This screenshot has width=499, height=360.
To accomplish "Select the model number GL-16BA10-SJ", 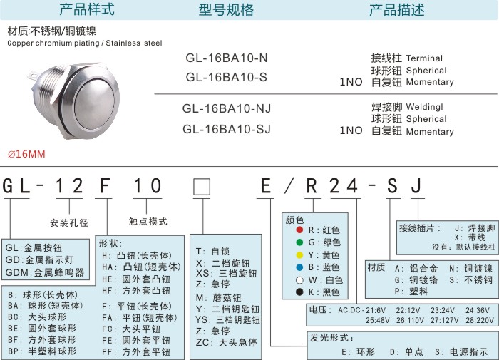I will (x=227, y=129).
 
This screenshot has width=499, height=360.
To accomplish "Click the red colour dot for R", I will (x=292, y=230).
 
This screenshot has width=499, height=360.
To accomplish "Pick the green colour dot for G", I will (x=292, y=242).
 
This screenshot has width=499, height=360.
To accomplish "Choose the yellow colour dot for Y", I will (x=292, y=254).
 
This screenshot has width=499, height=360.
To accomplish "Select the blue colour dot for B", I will (x=292, y=267).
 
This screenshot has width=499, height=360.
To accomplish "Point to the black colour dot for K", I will (x=292, y=292).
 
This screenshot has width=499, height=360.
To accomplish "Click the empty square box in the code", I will (x=202, y=187).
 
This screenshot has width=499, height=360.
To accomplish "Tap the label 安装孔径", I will (x=69, y=222).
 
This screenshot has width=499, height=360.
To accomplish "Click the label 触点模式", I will (x=148, y=222).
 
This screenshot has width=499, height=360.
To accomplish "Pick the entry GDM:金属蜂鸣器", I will (x=45, y=272).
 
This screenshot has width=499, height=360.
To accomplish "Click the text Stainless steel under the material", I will (x=135, y=43).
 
